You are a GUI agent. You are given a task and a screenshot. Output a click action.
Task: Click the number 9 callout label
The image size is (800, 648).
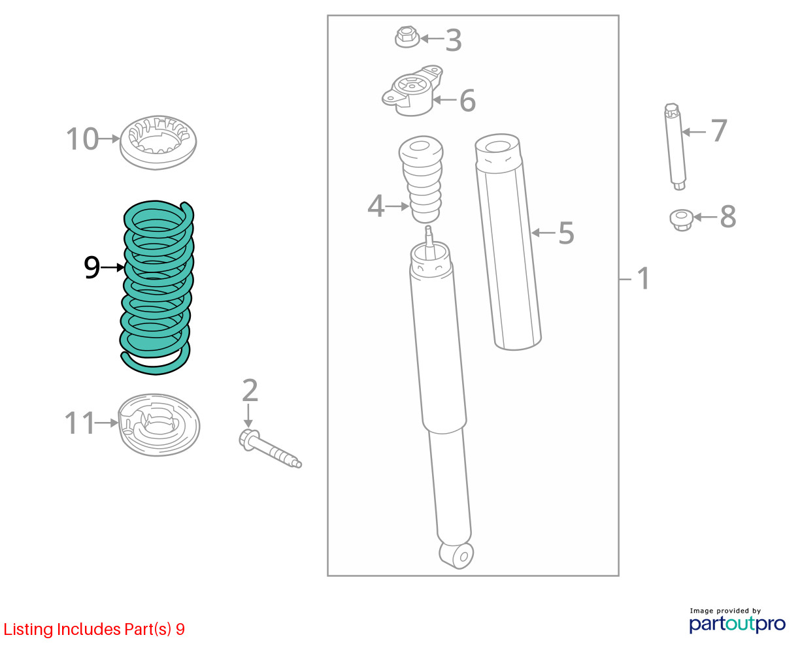click(92, 267)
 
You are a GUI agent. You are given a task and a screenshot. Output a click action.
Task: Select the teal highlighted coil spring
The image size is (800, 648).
click(157, 287)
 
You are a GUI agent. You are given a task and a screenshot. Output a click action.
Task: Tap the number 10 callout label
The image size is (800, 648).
click(82, 139)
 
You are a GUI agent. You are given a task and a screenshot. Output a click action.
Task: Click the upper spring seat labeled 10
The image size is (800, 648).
click(158, 142)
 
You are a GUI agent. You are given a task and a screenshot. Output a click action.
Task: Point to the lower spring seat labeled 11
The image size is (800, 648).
click(159, 425)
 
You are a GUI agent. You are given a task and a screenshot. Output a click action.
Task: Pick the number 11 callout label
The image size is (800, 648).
click(79, 423)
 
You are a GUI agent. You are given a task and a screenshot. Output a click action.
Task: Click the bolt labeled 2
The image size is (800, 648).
click(270, 449)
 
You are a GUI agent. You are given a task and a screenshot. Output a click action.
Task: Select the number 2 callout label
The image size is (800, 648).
click(250, 390)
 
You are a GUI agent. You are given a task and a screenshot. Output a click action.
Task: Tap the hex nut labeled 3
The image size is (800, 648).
click(407, 37)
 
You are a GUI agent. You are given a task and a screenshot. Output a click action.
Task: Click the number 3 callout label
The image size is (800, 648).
click(454, 40)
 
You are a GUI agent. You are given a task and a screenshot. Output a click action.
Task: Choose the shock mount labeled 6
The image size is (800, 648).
click(412, 91)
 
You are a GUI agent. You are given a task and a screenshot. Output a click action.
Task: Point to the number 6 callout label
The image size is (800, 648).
click(467, 101)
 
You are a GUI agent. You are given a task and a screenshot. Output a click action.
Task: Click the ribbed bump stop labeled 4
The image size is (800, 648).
click(421, 180)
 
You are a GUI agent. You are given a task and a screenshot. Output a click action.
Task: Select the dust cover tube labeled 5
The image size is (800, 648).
click(508, 242)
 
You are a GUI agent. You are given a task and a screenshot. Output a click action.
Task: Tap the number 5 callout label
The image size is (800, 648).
click(567, 233)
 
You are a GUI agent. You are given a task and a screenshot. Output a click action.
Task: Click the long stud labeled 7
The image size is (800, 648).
click(675, 147)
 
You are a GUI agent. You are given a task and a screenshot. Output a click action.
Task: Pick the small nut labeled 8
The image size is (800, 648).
click(681, 220)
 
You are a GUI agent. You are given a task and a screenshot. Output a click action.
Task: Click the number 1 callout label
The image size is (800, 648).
click(644, 278)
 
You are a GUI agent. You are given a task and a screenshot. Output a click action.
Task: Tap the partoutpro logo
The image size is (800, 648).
click(737, 624)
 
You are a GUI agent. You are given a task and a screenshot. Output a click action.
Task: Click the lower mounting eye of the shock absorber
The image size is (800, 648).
click(457, 556)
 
